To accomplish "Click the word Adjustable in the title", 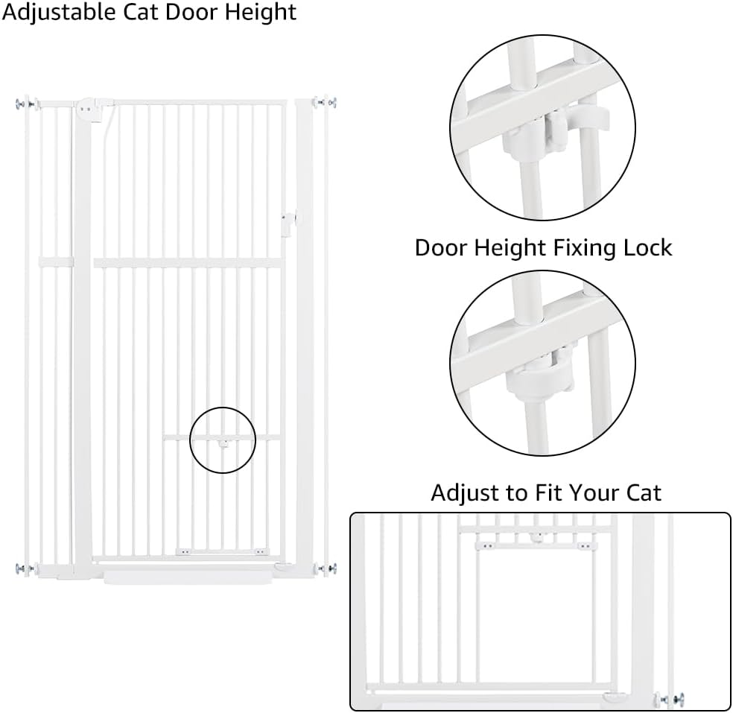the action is point(60,13).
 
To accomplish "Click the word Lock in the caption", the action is point(647,247).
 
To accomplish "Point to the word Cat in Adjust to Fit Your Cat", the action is point(644,492).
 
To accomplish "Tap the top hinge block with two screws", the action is point(89,110).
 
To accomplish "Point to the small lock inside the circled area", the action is point(223,443).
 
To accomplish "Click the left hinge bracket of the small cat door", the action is point(185,551).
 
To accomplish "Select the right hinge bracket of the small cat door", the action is point(261,551).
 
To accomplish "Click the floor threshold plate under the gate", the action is point(188,578).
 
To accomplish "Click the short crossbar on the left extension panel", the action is point(56,262).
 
